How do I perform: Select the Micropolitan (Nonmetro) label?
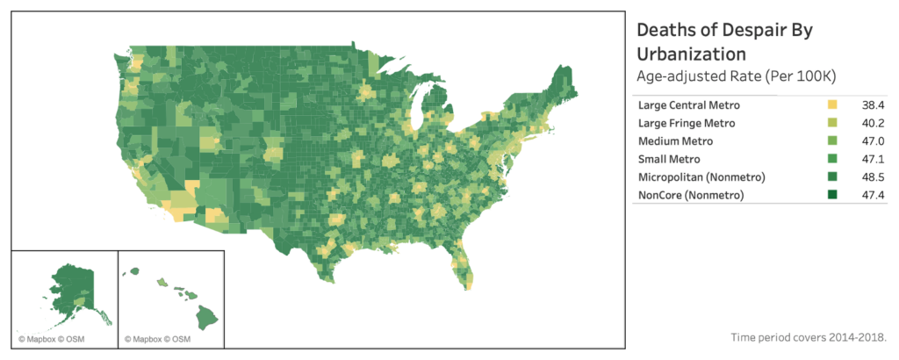tap(702, 176)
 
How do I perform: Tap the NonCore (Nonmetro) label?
tap(692, 194)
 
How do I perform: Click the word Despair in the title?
tap(745, 29)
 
